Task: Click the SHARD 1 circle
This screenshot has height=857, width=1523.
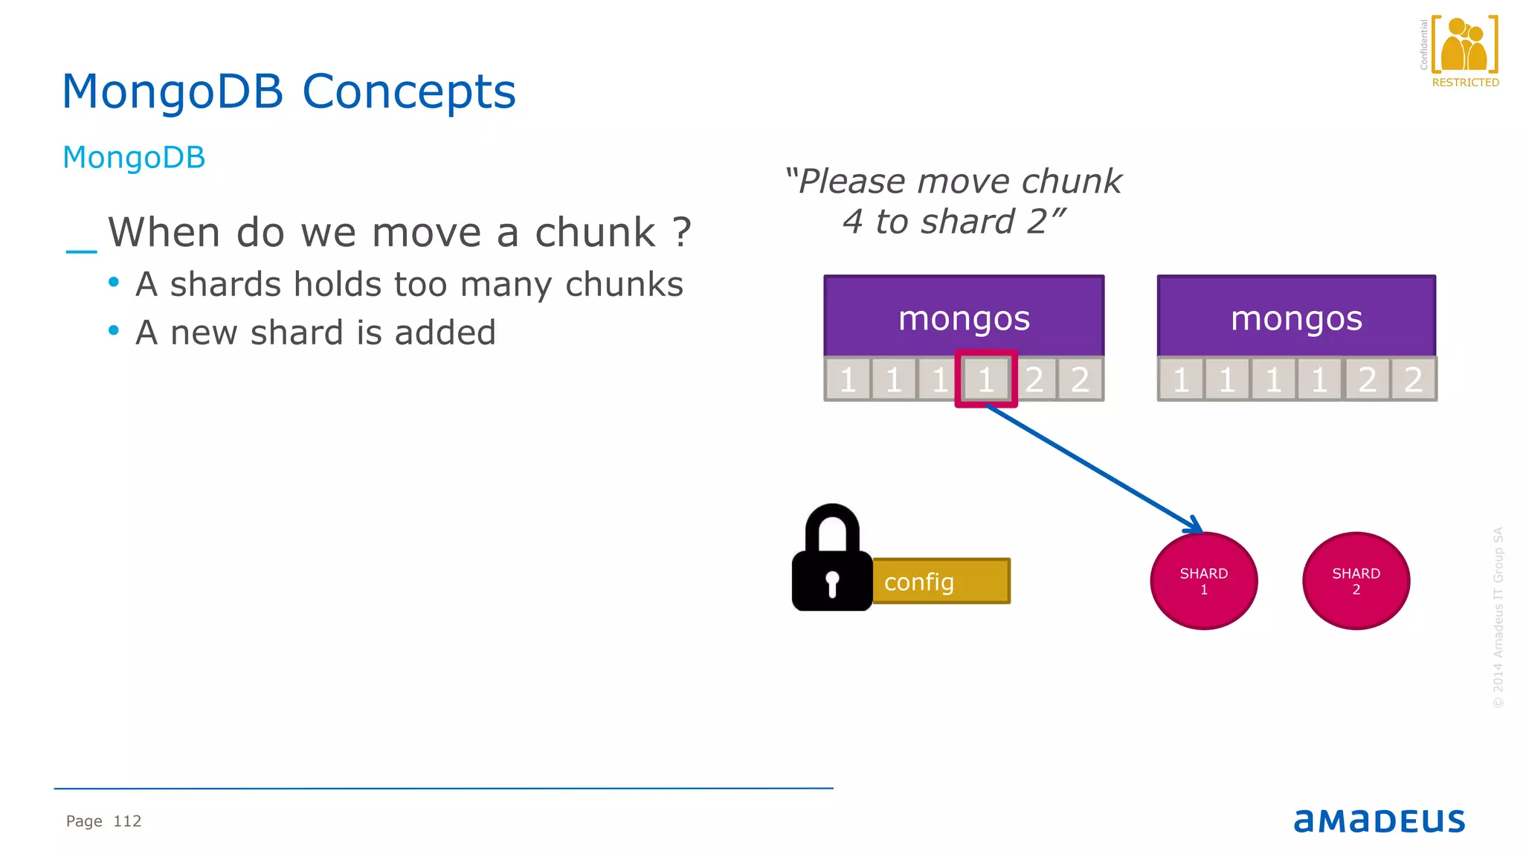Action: pyautogui.click(x=1203, y=581)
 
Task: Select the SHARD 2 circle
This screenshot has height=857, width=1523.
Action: pyautogui.click(x=1356, y=581)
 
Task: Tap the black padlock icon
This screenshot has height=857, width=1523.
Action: pyautogui.click(x=832, y=562)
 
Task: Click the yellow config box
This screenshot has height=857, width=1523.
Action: pyautogui.click(x=941, y=581)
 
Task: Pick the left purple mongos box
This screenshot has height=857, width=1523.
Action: pyautogui.click(x=964, y=316)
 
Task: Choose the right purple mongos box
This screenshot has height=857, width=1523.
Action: pyautogui.click(x=1296, y=316)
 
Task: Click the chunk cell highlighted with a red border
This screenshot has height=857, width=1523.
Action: pyautogui.click(x=986, y=379)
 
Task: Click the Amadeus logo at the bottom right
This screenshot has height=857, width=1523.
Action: pyautogui.click(x=1379, y=821)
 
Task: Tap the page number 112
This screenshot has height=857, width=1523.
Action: pyautogui.click(x=127, y=821)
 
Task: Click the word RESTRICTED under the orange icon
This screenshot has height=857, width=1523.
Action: pyautogui.click(x=1465, y=83)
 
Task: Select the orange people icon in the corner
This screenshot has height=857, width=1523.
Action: pyautogui.click(x=1464, y=45)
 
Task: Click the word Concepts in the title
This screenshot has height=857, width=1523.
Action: pyautogui.click(x=408, y=92)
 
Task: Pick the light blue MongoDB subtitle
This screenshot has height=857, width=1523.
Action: pyautogui.click(x=134, y=158)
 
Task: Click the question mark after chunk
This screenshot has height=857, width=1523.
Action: pyautogui.click(x=682, y=232)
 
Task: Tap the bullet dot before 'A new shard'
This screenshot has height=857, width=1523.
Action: pyautogui.click(x=114, y=330)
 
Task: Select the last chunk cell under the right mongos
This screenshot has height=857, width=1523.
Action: pyautogui.click(x=1413, y=379)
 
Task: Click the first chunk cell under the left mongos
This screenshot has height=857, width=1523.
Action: pyautogui.click(x=848, y=379)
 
